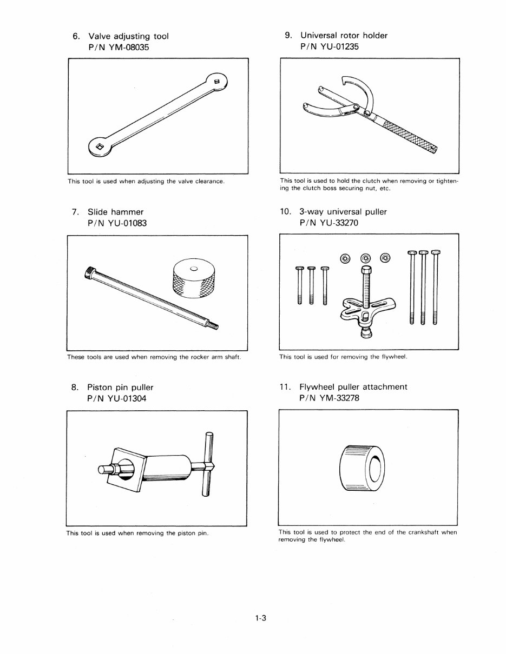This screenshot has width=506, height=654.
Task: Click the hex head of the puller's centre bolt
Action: click(365, 270)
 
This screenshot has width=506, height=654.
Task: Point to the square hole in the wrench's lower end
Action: click(100, 147)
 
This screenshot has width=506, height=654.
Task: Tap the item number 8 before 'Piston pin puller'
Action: click(74, 388)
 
